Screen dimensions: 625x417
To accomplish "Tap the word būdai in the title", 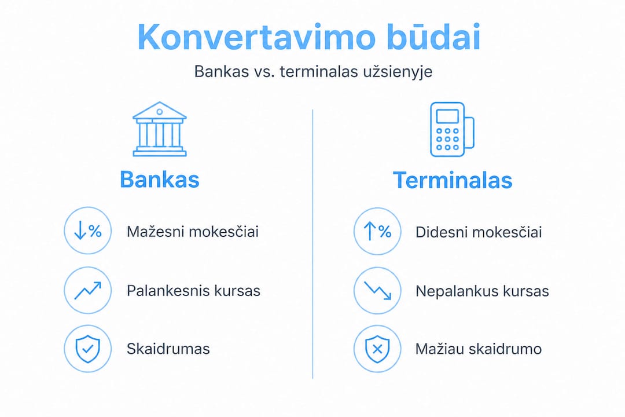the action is coord(433,36).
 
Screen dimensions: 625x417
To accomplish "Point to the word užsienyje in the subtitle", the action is coord(398,72).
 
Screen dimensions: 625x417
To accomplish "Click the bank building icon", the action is coord(160,129).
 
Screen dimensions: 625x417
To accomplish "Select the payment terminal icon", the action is coord(451,129).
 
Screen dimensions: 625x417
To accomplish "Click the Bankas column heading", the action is coord(160,180).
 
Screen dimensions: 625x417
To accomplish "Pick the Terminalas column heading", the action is coord(453,180).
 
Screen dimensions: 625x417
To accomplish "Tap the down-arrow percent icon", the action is coord(88,231).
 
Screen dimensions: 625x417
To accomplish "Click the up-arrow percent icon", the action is coord(377,231).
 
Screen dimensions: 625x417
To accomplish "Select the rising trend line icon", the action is coord(88,290).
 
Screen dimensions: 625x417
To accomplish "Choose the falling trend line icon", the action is coord(377,291).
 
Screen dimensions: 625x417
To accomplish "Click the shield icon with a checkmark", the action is coord(88,349).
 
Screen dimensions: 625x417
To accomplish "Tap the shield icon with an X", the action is coord(377,349).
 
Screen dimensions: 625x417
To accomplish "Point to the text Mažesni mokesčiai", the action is coord(193,232).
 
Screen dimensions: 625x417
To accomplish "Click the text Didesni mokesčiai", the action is coord(479,232).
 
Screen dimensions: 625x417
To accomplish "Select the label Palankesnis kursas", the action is coord(193,291).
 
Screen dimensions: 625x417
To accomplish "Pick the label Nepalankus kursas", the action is coord(482,291).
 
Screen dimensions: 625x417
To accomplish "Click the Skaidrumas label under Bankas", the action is coord(168,349).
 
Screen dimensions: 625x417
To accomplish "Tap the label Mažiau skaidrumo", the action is coord(479,349).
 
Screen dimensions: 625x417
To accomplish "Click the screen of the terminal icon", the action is coord(447,116).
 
